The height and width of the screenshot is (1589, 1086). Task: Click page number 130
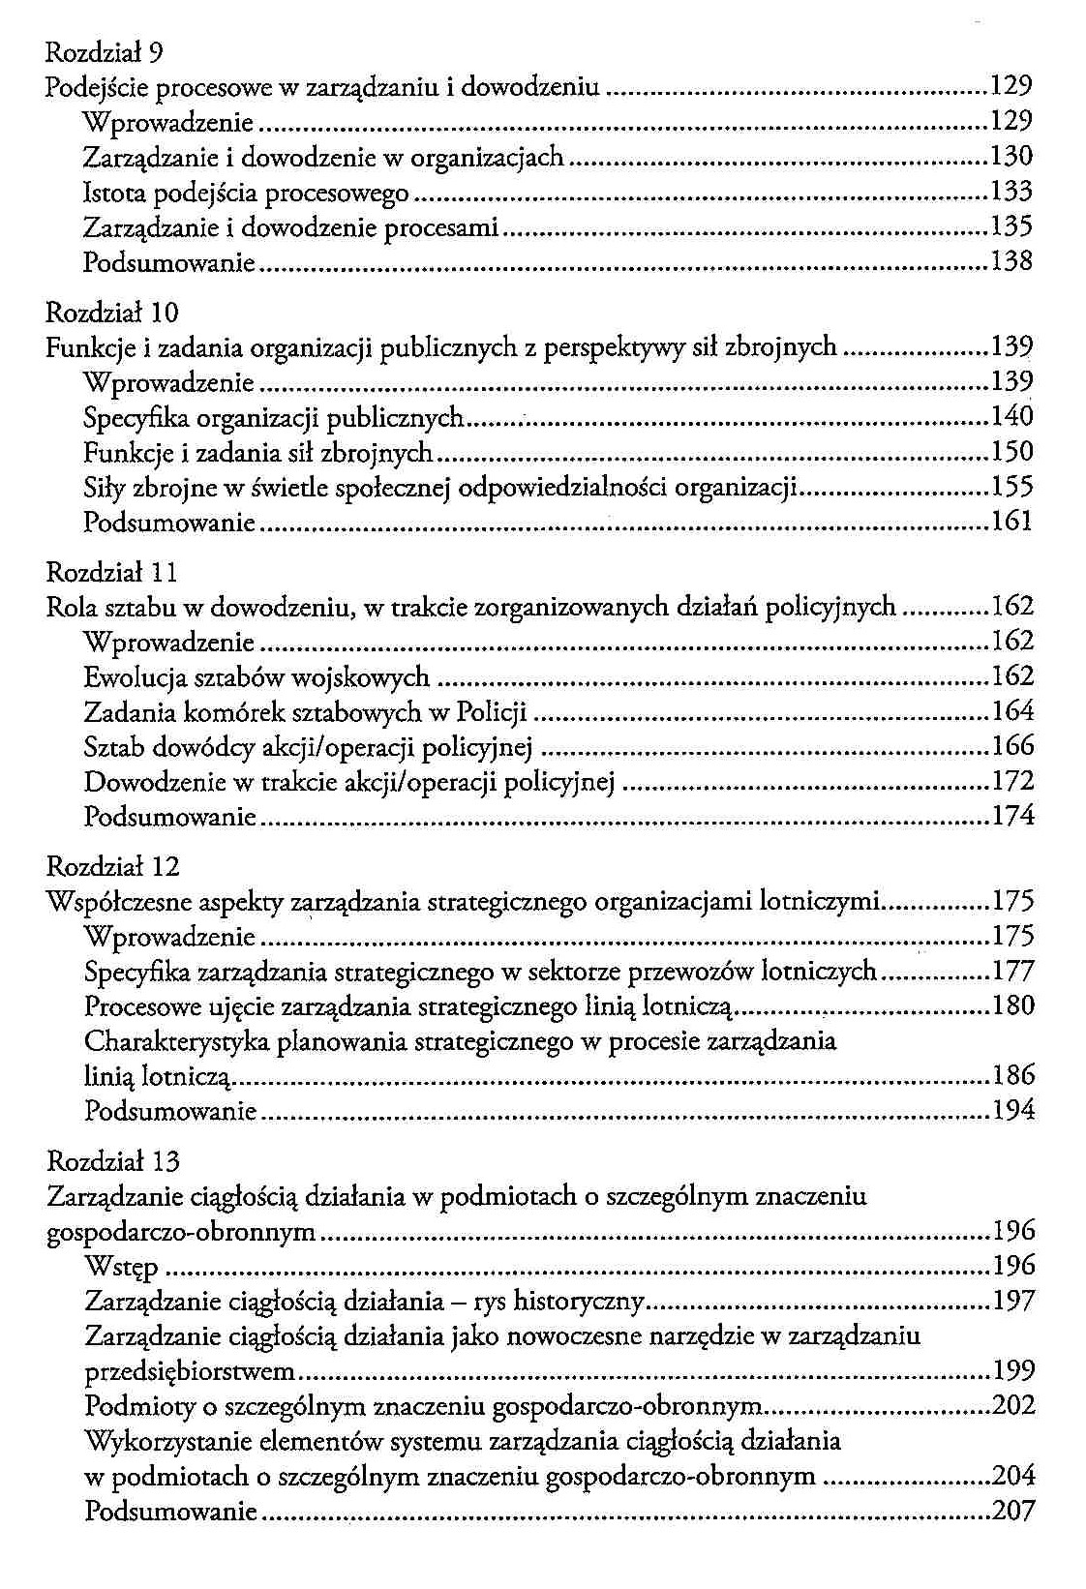[x=1012, y=156]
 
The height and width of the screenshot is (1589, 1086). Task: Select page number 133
[x=1012, y=191]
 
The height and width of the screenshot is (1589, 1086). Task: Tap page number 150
[x=1012, y=452]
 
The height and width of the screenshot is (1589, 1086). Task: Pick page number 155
[x=1012, y=487]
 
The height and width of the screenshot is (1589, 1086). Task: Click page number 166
[x=1013, y=746]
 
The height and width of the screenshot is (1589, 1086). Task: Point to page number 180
[x=1013, y=1005]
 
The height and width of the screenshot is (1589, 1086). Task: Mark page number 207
[x=1013, y=1510]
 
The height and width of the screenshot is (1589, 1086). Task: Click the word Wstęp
[x=121, y=1267]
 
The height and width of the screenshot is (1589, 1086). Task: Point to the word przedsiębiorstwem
[x=190, y=1371]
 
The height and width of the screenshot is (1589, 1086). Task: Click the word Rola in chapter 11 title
[x=68, y=608]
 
